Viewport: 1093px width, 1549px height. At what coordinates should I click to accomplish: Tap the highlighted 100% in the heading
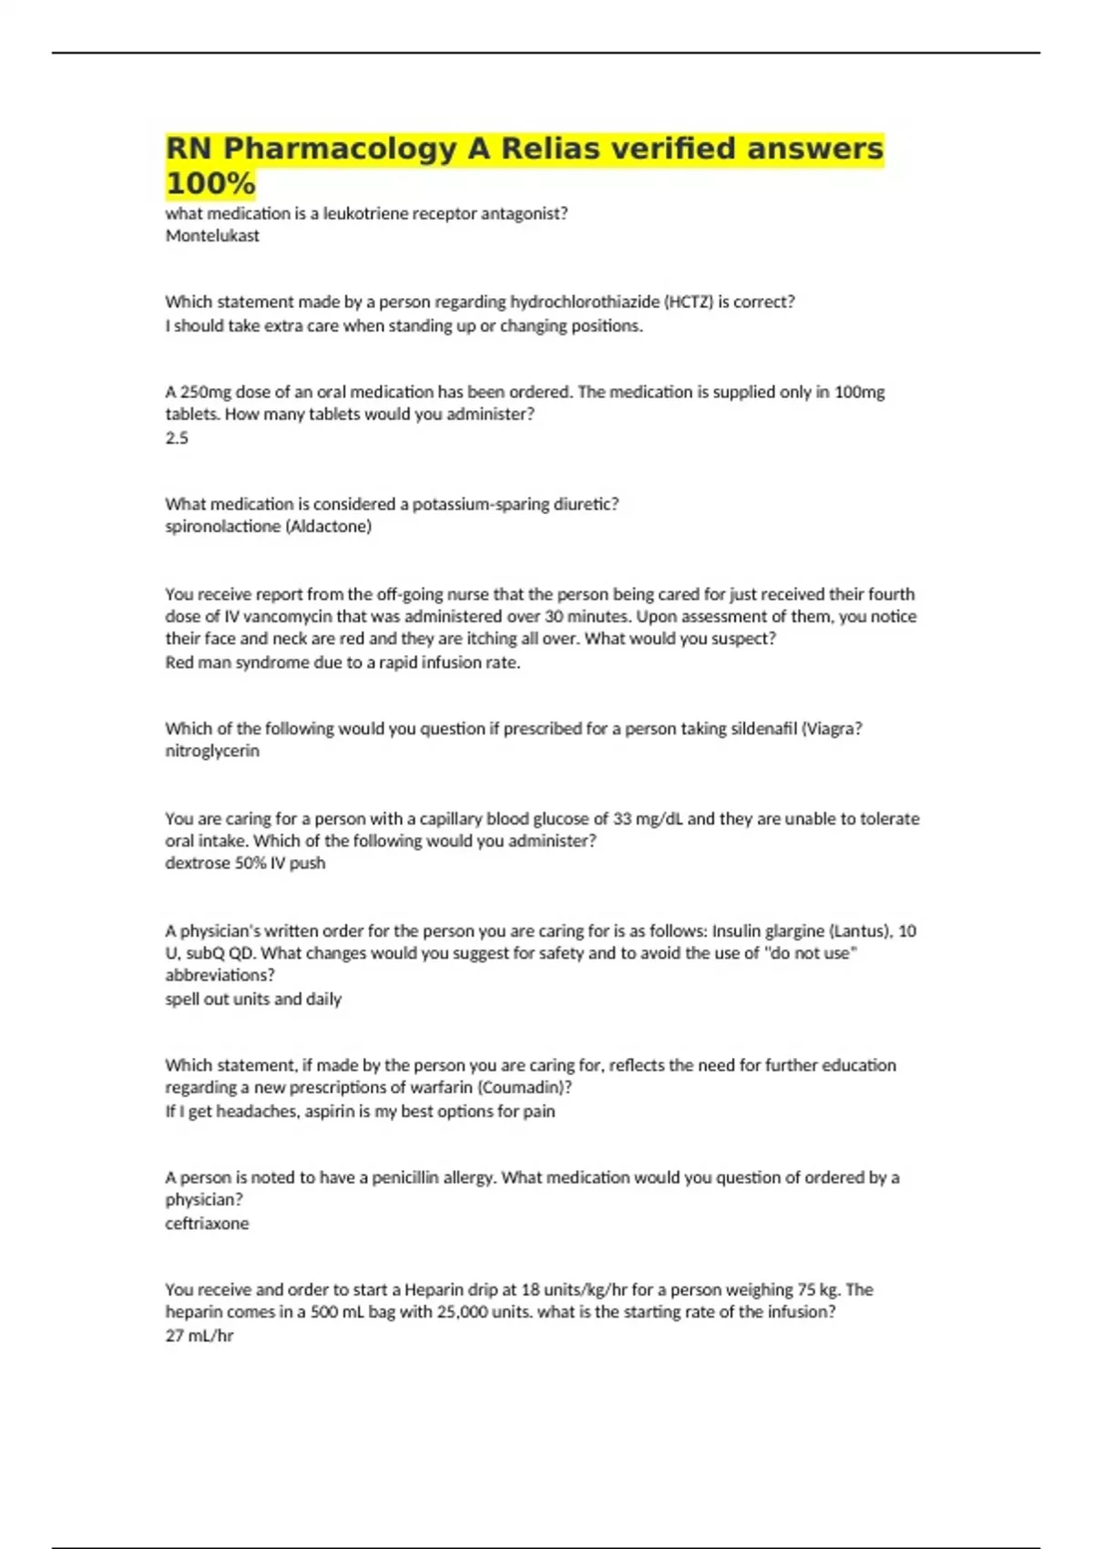click(x=210, y=184)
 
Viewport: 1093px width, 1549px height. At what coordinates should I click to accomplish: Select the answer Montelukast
click(x=212, y=236)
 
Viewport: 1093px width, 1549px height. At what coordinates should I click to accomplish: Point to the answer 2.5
click(x=177, y=438)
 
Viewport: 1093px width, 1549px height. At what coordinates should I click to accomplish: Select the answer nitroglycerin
click(x=212, y=751)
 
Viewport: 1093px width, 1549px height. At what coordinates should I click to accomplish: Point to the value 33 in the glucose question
click(x=620, y=819)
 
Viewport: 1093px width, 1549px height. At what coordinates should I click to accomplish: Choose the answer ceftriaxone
click(x=207, y=1224)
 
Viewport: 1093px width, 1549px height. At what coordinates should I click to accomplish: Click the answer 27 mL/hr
click(x=199, y=1336)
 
